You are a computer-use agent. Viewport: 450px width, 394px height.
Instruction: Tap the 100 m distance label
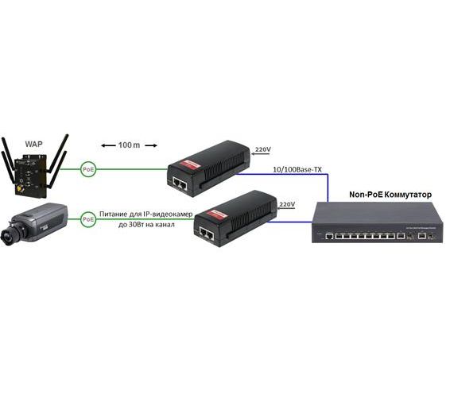pyautogui.click(x=127, y=145)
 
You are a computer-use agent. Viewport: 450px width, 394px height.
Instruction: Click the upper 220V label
pyautogui.click(x=262, y=149)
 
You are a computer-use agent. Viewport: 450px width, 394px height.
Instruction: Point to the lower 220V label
pyautogui.click(x=288, y=204)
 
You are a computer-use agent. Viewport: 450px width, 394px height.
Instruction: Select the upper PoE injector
pyautogui.click(x=208, y=167)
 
